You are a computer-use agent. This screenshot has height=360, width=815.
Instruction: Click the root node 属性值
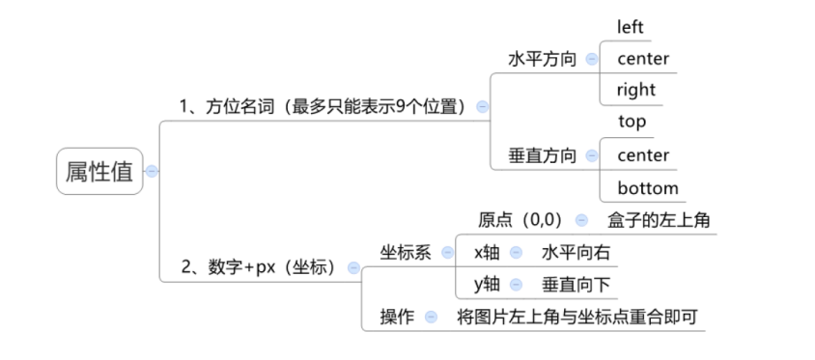coord(98,172)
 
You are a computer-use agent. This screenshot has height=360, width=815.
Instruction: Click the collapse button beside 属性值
coord(151,172)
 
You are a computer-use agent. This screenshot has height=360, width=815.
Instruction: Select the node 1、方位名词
coord(323,106)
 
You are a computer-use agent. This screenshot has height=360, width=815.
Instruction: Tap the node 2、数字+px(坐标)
coord(258,267)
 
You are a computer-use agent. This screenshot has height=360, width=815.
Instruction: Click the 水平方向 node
coord(542,59)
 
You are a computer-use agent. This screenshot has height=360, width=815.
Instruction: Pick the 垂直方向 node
coord(542,155)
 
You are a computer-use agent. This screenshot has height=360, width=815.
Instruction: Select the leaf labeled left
coord(631,27)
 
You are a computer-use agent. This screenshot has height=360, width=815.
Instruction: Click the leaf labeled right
coord(636,90)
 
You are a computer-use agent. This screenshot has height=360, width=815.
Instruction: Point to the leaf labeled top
coord(632,122)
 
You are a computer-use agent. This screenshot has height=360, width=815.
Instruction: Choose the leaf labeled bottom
coord(648,187)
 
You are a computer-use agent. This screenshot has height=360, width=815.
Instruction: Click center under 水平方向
coord(643,59)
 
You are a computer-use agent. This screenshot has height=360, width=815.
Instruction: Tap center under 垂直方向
coord(643,154)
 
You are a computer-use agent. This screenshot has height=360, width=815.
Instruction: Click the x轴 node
coord(486,252)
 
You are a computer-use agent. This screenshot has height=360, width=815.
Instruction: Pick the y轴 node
coord(486,285)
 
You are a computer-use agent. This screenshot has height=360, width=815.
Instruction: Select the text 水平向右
coord(576,252)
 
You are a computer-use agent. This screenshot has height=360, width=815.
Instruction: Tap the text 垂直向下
coord(576,285)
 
